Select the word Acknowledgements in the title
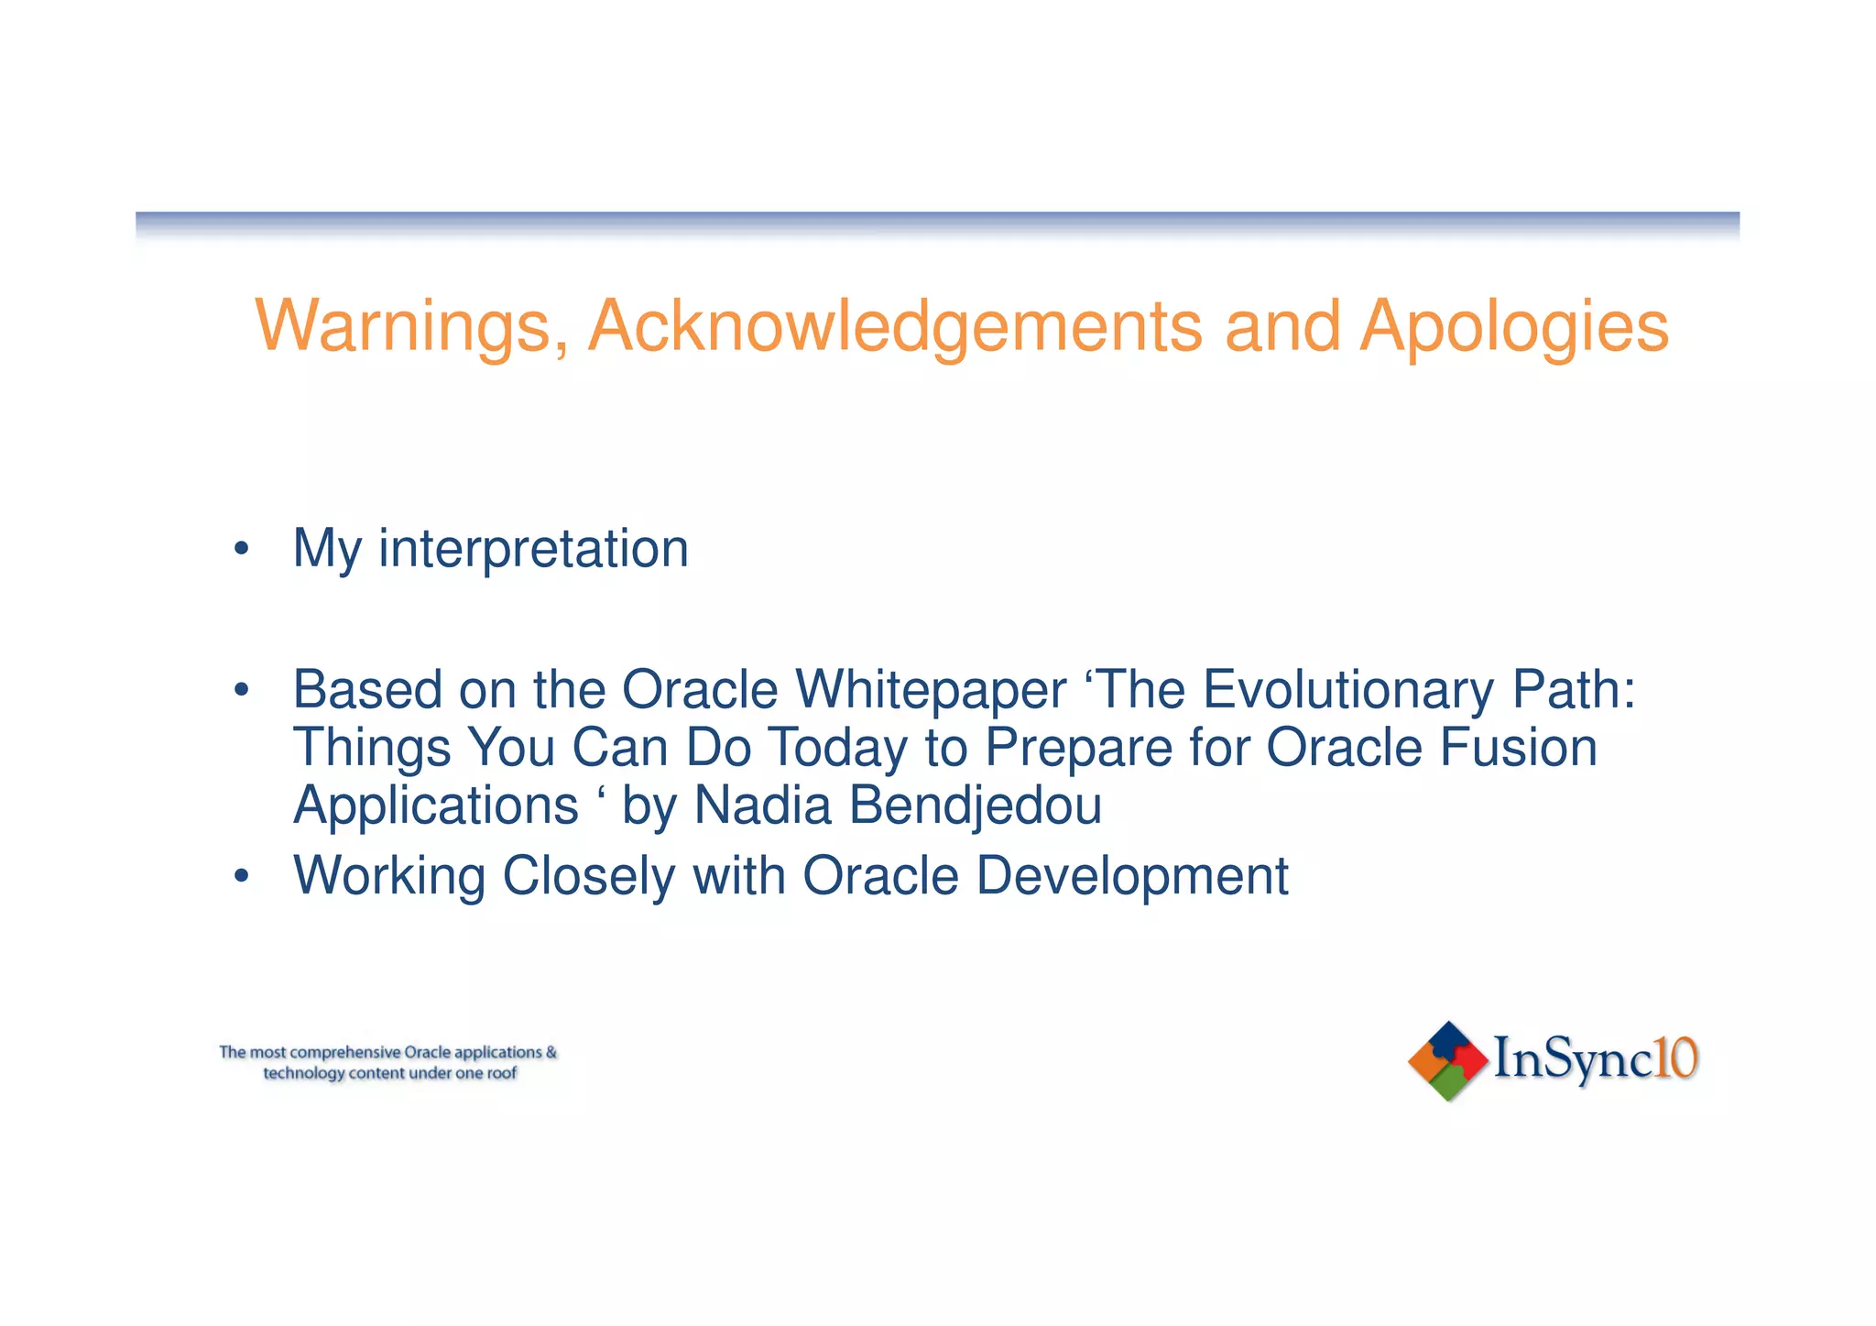point(895,327)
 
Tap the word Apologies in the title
point(1513,327)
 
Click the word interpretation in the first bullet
point(533,549)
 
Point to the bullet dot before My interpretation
point(241,550)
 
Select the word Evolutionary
point(1347,690)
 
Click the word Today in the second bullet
point(837,748)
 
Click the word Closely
point(589,877)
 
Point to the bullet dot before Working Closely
point(241,877)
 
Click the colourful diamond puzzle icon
point(1447,1061)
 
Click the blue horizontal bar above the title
point(937,220)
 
